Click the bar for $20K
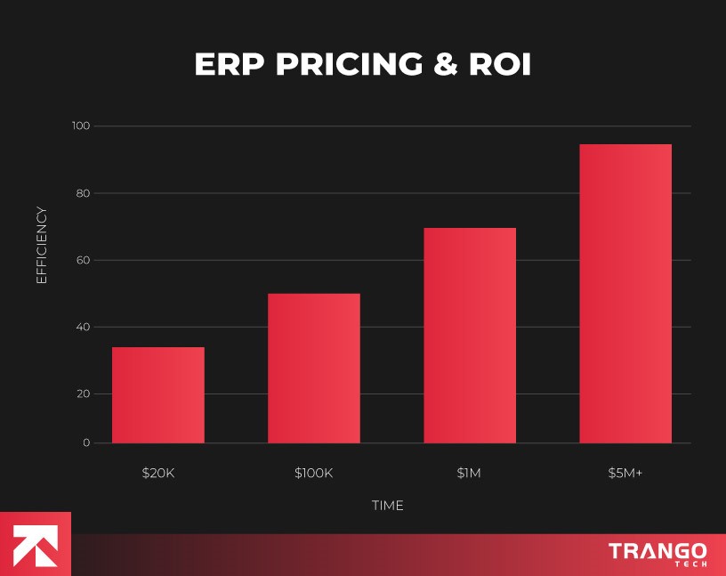click(x=157, y=394)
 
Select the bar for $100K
click(x=313, y=368)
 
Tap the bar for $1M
click(x=469, y=335)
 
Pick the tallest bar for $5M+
click(x=625, y=293)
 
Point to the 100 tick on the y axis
click(x=81, y=126)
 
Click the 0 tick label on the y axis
click(x=86, y=442)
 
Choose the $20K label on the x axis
click(x=158, y=473)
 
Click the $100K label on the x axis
click(x=313, y=473)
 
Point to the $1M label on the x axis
click(x=469, y=473)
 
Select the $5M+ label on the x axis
click(x=625, y=473)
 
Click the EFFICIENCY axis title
click(x=41, y=245)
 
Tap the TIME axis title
click(x=387, y=506)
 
